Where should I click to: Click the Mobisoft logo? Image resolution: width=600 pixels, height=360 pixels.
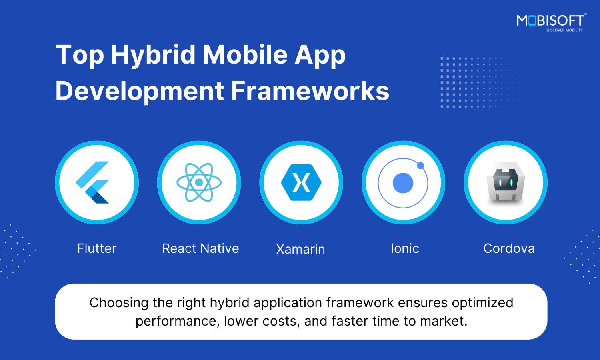[552, 22]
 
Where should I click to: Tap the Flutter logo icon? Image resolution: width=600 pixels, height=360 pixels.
[92, 182]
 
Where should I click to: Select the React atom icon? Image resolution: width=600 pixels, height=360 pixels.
[199, 182]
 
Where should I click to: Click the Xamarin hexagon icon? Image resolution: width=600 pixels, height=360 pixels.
[301, 182]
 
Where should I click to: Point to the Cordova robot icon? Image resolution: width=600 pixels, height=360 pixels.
[506, 182]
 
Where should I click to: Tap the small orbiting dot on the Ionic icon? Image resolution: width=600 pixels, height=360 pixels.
[420, 166]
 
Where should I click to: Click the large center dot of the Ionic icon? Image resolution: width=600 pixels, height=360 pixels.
[403, 183]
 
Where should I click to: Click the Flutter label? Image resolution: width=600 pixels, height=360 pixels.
[97, 248]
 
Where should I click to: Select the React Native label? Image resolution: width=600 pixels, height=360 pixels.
[200, 248]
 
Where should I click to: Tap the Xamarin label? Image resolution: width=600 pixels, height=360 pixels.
[300, 249]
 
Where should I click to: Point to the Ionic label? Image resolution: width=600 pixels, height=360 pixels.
[405, 248]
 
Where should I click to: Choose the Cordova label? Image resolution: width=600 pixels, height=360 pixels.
[509, 248]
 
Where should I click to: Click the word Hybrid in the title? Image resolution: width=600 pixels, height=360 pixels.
[153, 56]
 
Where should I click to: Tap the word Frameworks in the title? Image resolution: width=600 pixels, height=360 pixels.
[310, 91]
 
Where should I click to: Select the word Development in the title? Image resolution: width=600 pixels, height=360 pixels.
[140, 92]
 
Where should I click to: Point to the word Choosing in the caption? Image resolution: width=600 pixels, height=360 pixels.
[119, 303]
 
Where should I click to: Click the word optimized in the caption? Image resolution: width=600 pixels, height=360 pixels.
[483, 303]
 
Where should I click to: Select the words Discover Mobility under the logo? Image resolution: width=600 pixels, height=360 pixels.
[565, 30]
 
